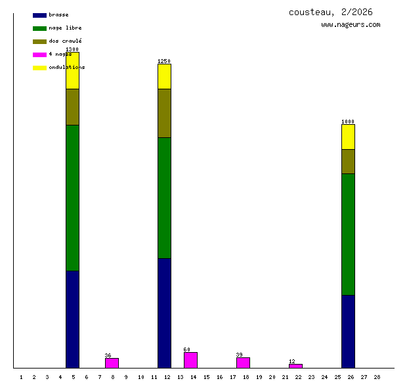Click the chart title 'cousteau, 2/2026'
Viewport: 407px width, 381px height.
point(330,12)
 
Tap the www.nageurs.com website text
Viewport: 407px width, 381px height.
point(351,25)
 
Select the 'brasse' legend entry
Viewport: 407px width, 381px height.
point(58,14)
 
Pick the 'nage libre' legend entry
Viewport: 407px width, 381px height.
point(65,28)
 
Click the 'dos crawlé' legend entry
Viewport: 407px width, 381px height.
point(65,41)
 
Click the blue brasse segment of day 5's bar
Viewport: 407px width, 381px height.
point(72,319)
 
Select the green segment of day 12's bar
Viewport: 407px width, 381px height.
point(164,197)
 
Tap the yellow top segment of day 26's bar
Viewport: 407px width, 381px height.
point(348,137)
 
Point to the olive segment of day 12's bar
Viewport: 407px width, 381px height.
point(164,113)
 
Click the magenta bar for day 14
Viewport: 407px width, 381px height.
point(190,360)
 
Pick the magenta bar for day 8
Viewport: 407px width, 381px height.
point(112,363)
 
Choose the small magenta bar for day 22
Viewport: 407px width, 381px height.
point(295,366)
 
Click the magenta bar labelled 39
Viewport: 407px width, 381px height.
point(243,362)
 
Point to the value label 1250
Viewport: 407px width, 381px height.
point(164,61)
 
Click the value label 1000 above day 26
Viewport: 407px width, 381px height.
point(348,122)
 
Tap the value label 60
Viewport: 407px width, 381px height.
point(187,349)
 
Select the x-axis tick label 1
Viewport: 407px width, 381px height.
point(21,377)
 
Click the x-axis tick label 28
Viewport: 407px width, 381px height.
point(377,377)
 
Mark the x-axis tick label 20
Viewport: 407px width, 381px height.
point(272,377)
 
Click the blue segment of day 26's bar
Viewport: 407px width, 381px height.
point(348,331)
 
